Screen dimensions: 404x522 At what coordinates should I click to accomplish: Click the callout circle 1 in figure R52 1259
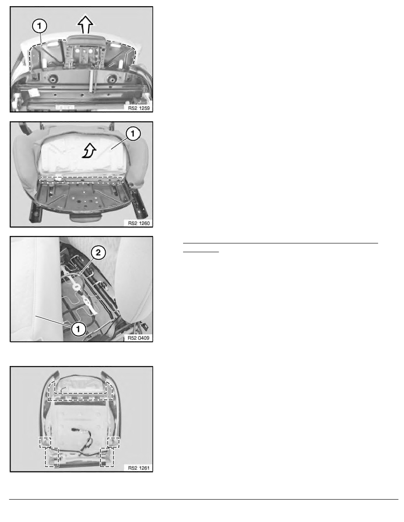point(39,26)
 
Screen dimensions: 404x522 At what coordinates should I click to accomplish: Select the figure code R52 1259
point(139,108)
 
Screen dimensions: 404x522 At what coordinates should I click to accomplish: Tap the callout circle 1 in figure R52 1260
point(133,134)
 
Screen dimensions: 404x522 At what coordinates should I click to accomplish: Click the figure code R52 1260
point(139,223)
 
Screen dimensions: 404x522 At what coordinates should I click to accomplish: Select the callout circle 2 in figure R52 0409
point(98,252)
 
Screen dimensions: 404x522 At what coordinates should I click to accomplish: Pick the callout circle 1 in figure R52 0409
point(78,329)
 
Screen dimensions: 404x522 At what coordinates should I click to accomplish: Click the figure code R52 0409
point(139,338)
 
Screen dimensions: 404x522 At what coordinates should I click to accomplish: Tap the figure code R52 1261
point(139,468)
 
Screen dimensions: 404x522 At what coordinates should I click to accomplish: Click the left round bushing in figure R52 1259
point(52,79)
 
